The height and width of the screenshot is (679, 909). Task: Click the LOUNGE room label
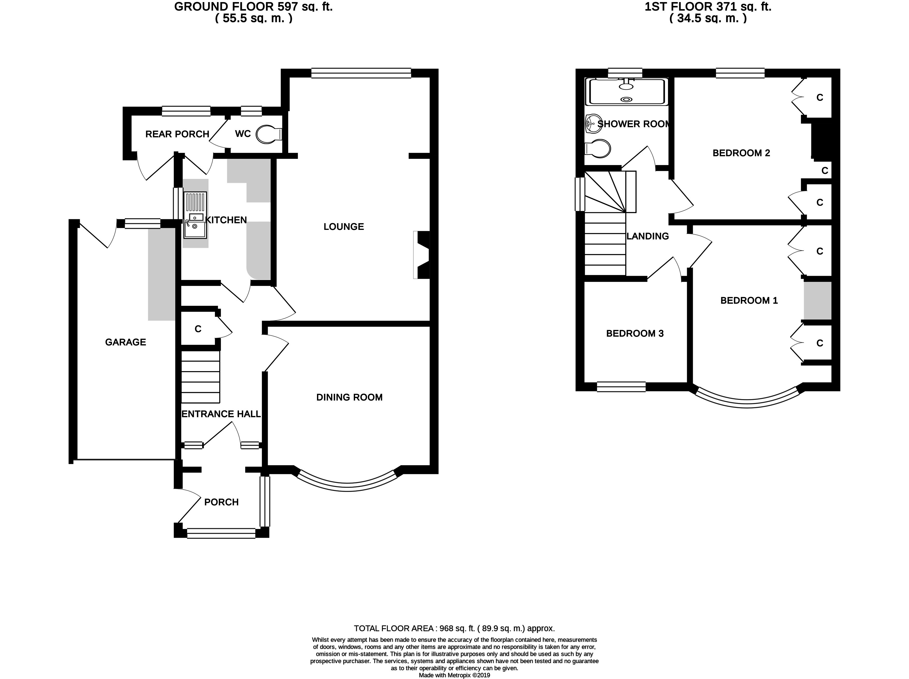[x=343, y=227]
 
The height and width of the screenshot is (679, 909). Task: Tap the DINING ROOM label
[x=349, y=397]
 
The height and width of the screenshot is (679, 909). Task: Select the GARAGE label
[x=125, y=342]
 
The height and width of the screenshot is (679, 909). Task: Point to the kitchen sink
[x=195, y=225]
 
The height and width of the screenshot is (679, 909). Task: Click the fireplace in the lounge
[x=422, y=255]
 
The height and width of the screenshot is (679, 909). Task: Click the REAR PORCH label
[x=177, y=134]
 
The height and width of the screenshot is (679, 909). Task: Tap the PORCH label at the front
[x=222, y=502]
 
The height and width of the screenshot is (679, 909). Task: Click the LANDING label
[x=648, y=236]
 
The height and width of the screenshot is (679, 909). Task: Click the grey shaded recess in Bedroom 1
[x=818, y=301]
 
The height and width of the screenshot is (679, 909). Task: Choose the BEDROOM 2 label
[x=741, y=153]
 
